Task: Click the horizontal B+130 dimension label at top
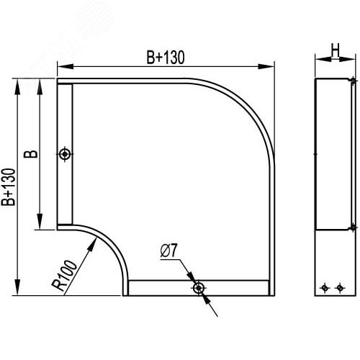[166, 58]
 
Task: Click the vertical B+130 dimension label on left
[9, 187]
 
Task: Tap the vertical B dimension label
[31, 154]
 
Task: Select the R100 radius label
[64, 275]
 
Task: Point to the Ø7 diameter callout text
[168, 251]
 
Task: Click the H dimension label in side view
[336, 50]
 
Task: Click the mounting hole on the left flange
[65, 154]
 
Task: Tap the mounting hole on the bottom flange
[199, 288]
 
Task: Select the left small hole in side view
[325, 287]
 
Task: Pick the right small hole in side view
[340, 287]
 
